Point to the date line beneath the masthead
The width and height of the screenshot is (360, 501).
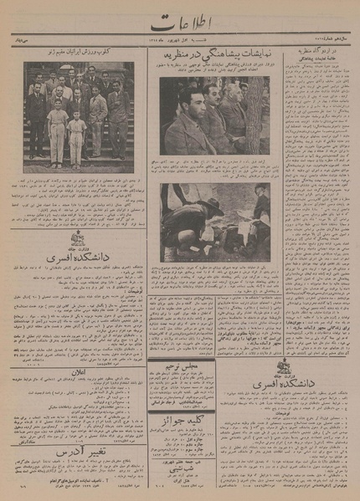click(x=180, y=39)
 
